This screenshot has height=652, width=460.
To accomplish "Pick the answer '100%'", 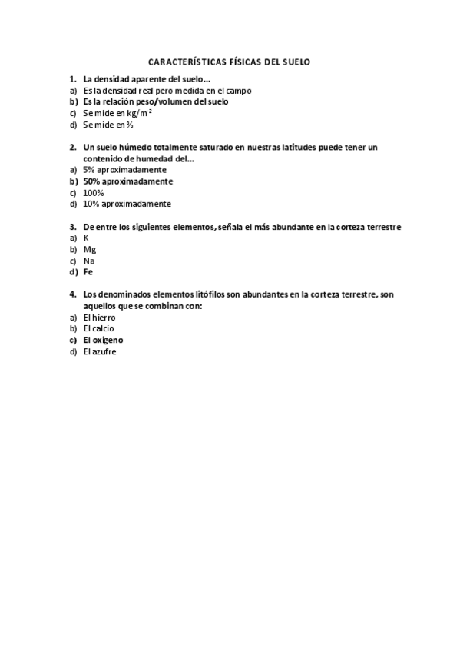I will point(94,193).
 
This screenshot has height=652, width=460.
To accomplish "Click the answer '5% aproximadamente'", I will point(124,170).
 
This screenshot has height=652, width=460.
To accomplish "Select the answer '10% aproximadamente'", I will point(127,205).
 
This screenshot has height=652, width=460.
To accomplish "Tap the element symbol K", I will point(86,238).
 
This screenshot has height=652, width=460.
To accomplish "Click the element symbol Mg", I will point(89,250).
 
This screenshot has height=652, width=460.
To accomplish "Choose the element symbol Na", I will point(89,261).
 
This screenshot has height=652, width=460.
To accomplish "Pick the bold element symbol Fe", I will point(88,272).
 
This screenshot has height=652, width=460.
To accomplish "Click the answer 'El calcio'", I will point(99,329).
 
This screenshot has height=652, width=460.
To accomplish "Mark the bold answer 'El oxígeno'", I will point(103,340).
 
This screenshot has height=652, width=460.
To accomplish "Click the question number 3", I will point(72,227).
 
